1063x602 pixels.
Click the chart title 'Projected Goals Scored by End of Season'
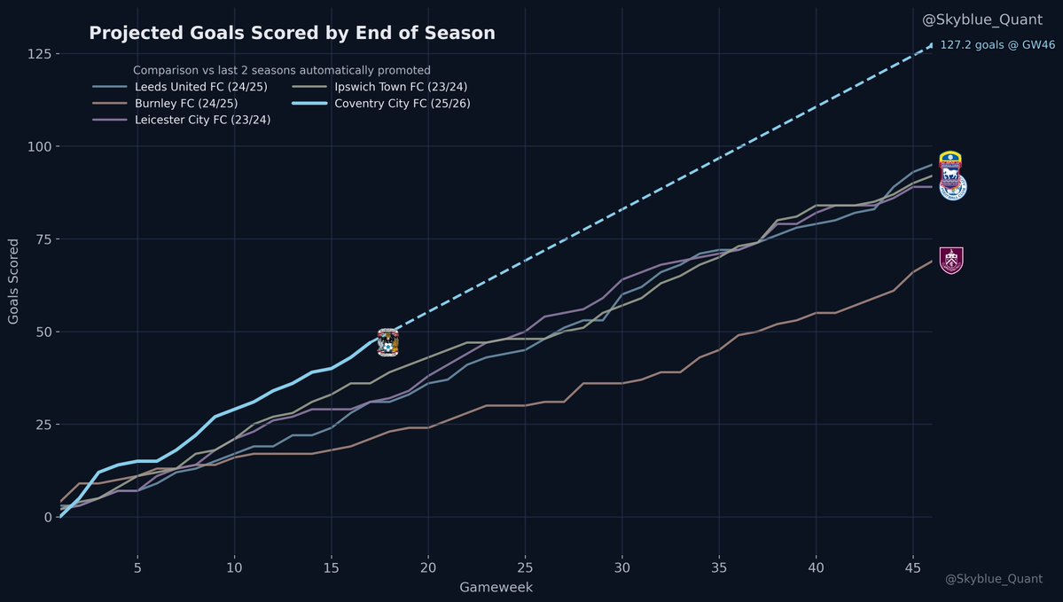[x=292, y=34]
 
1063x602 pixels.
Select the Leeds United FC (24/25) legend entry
[x=191, y=87]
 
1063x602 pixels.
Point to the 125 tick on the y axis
[x=37, y=54]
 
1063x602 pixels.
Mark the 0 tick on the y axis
[x=44, y=517]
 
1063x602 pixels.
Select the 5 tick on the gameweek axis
[x=137, y=567]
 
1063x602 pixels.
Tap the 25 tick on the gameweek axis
[x=525, y=567]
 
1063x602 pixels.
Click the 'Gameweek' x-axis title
[x=496, y=588]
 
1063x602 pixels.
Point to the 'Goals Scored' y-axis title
[x=14, y=281]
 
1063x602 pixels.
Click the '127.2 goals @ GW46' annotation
[x=997, y=45]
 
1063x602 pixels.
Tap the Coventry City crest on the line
[x=388, y=342]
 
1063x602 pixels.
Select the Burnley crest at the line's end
[x=951, y=261]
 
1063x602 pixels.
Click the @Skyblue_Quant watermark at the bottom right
[x=993, y=579]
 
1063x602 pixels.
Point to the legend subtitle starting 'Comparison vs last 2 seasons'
[x=281, y=70]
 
